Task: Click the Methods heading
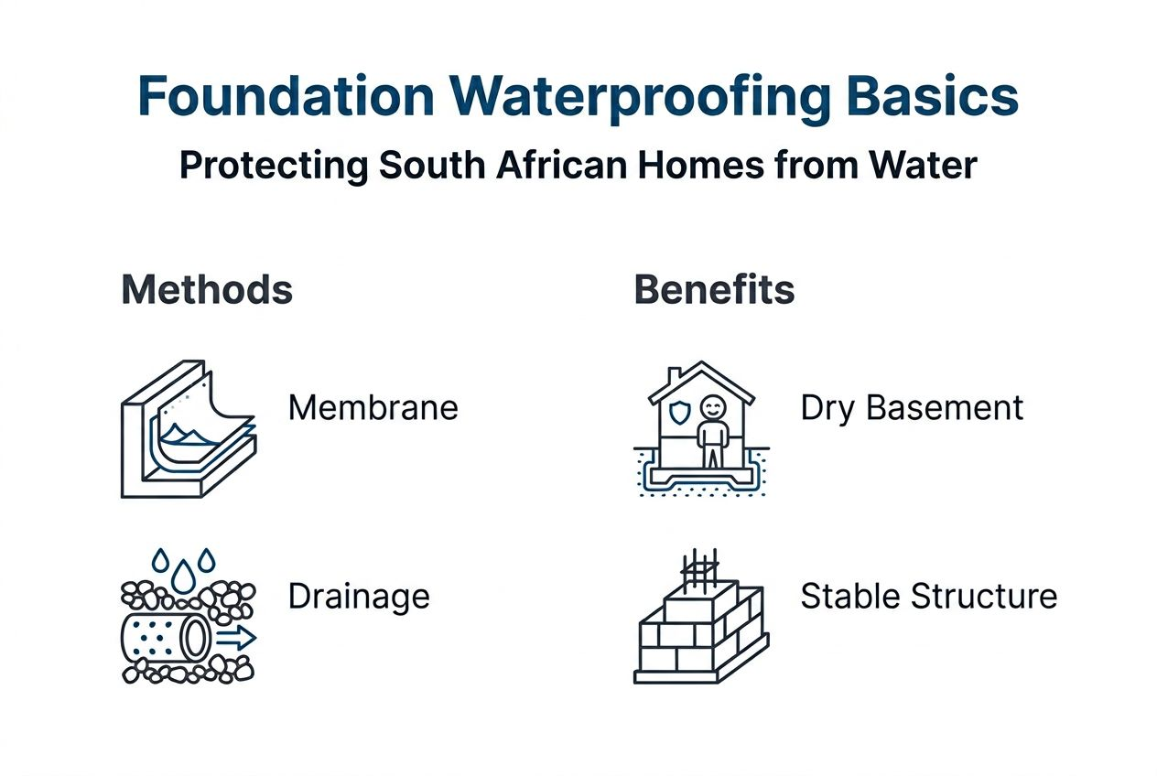click(207, 290)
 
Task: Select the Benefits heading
click(714, 290)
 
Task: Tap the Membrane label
click(373, 407)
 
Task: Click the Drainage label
click(359, 597)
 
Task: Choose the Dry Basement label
click(912, 407)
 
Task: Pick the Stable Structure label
click(928, 597)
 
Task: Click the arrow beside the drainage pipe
click(237, 638)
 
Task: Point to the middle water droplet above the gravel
click(186, 573)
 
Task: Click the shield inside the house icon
click(678, 412)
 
